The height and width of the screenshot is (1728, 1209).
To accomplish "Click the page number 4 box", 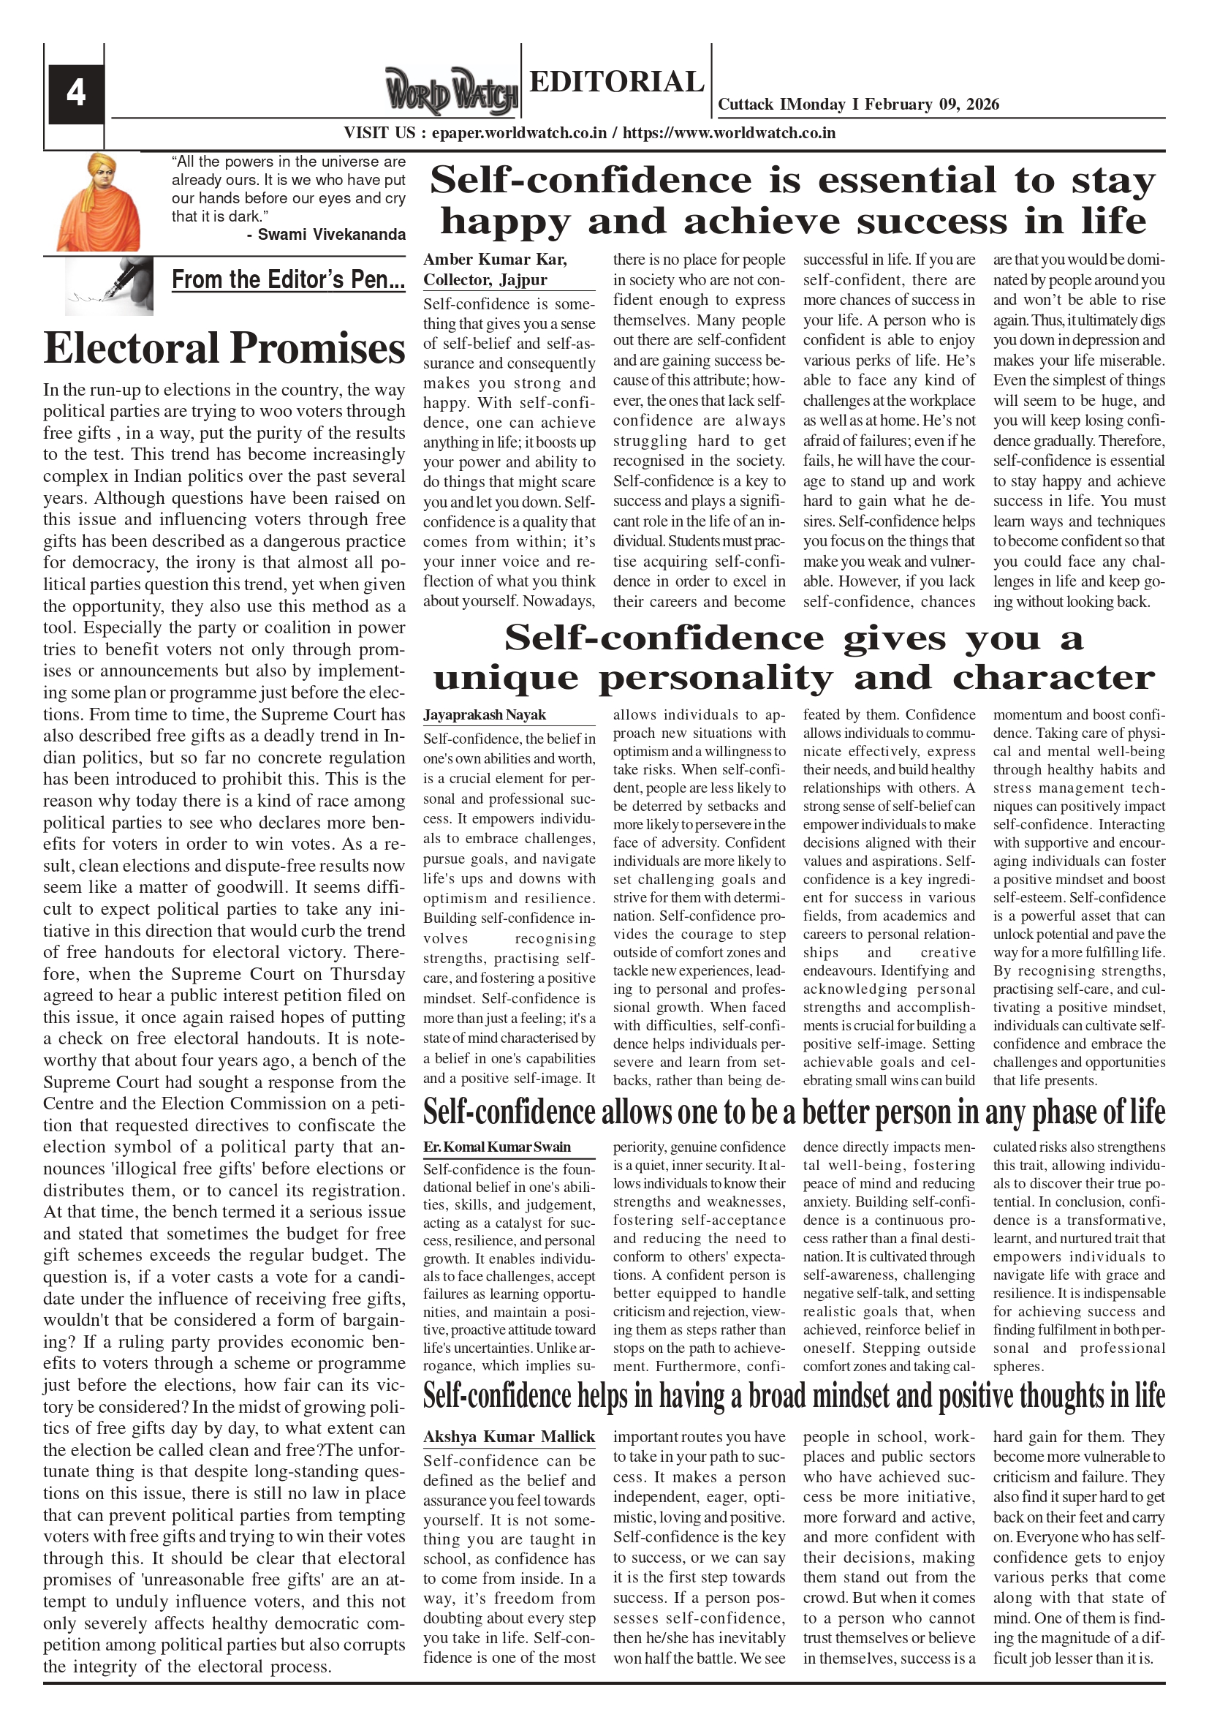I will (76, 94).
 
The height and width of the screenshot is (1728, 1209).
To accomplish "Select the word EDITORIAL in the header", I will (616, 81).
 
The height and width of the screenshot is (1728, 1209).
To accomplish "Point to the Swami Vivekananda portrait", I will (99, 202).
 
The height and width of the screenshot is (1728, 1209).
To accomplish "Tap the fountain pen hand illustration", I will (109, 285).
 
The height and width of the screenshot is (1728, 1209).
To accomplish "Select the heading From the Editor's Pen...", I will (288, 280).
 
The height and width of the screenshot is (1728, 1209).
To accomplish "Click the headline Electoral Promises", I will (224, 349).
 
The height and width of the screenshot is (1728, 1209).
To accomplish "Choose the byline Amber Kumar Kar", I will (495, 260).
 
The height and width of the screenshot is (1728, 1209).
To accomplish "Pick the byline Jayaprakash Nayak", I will (485, 715).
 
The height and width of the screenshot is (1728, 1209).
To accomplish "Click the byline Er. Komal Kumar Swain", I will (496, 1147).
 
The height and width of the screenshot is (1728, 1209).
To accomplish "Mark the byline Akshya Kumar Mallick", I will (509, 1437).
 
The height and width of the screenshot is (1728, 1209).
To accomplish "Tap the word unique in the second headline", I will (506, 678).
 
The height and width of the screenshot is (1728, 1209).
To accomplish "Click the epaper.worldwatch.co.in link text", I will (519, 133).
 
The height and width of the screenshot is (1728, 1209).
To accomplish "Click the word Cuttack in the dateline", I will (746, 105).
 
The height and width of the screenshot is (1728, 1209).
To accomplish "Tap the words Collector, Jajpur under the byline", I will (485, 280).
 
